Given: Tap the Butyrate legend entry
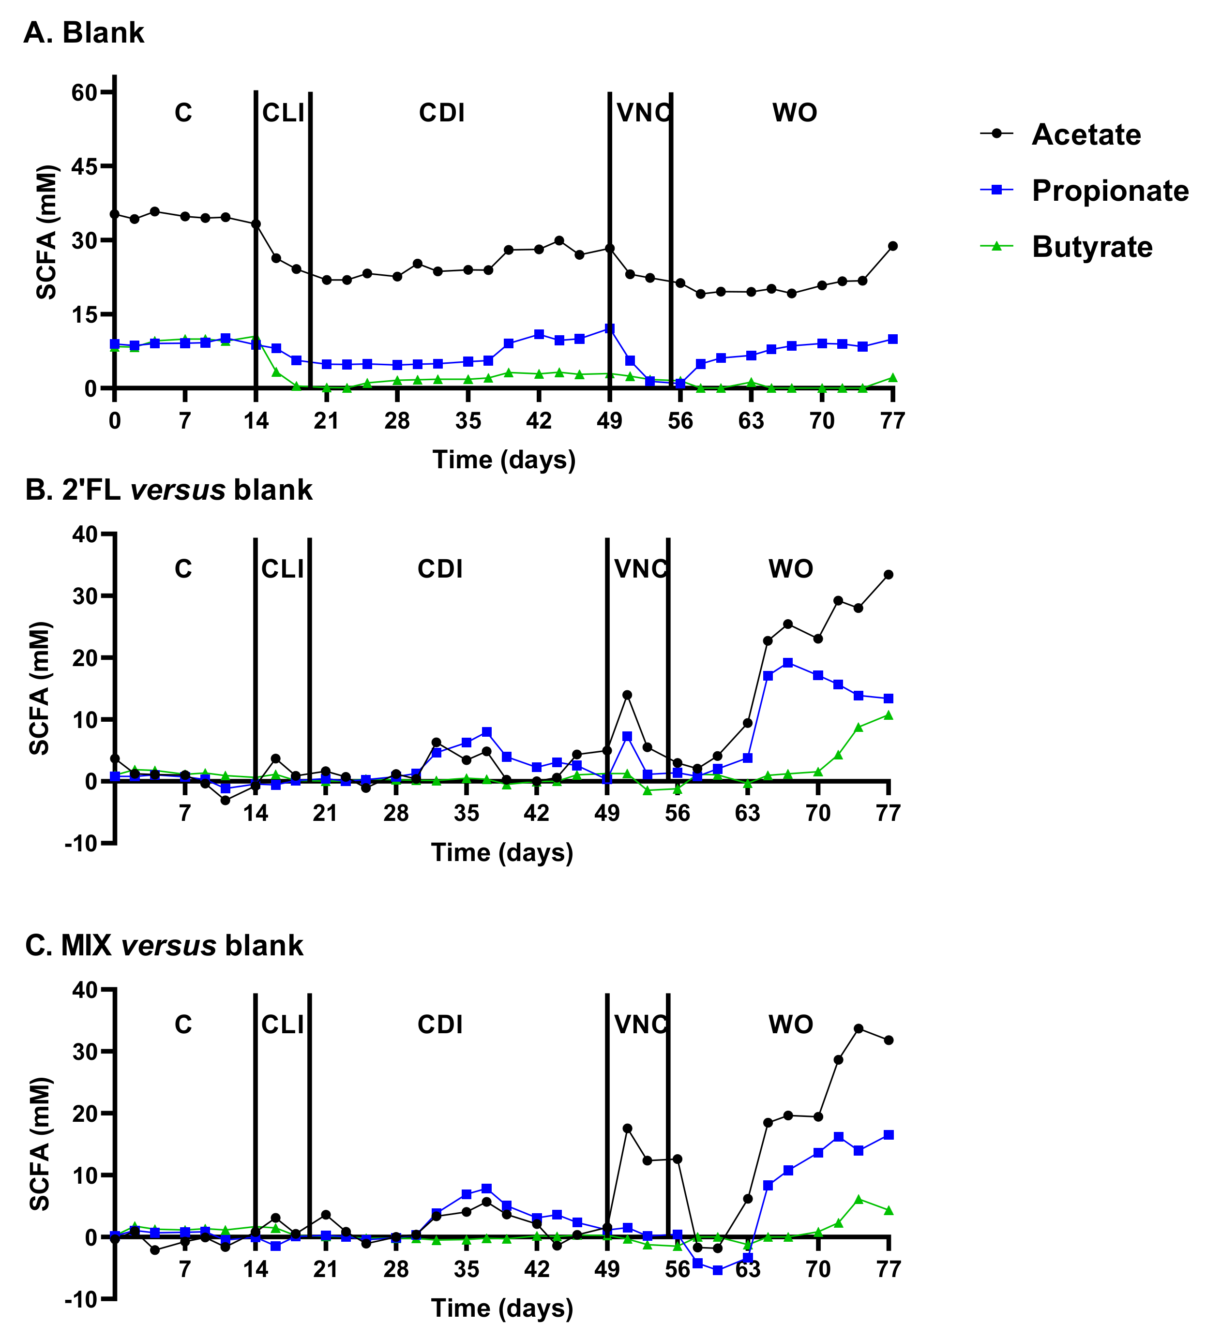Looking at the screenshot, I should point(1091,247).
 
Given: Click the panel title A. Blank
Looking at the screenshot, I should point(84,32).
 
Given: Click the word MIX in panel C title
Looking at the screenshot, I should point(86,945).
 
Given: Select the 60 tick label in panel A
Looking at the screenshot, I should point(84,92).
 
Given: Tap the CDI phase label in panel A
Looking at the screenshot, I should point(441,113).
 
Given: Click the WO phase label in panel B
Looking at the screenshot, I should point(790,569).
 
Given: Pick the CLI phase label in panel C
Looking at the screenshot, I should point(282,1025).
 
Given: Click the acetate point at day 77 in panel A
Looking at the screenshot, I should point(892,246).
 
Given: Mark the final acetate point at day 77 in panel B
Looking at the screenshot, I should point(889,574).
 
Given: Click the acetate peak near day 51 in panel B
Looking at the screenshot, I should point(627,695).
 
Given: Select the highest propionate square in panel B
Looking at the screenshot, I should point(788,662).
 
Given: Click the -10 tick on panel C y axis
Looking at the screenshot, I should point(81,1299).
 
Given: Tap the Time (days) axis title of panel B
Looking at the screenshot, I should point(502,852).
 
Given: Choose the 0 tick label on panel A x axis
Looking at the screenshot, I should point(115,421).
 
